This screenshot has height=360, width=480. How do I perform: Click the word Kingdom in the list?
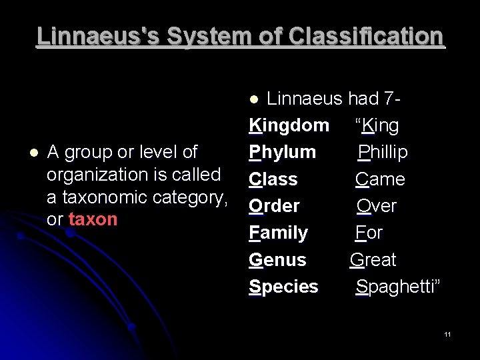[x=289, y=125]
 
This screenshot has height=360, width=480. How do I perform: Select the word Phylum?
[x=283, y=152]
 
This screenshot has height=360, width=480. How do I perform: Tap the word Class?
[x=273, y=179]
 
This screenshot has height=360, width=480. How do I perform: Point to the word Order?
[x=274, y=206]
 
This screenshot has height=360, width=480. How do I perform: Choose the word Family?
[x=278, y=233]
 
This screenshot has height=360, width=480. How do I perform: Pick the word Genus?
[x=277, y=259]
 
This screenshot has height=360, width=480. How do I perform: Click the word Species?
[x=283, y=287]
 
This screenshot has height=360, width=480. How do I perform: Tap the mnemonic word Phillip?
[x=383, y=152]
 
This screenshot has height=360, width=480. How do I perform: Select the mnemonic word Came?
[x=380, y=179]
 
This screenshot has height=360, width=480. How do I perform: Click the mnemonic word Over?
[x=377, y=206]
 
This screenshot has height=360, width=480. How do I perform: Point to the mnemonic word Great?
[x=373, y=259]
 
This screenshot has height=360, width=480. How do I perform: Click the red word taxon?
[x=93, y=220]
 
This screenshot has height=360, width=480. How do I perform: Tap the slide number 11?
[x=447, y=333]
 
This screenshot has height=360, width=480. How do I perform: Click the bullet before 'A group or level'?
[x=25, y=153]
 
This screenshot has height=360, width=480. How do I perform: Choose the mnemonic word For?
[x=369, y=233]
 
